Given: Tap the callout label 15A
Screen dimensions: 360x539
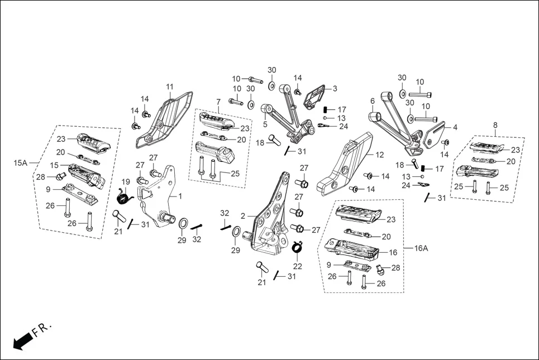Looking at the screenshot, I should [20, 163].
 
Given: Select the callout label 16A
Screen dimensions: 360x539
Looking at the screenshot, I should [421, 248].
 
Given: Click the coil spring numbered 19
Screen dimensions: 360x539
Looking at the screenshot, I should [123, 196].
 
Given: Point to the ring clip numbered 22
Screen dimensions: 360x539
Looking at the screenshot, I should [298, 246].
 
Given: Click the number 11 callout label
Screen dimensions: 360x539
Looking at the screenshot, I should [170, 87].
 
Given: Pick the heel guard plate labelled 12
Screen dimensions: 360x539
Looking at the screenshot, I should [346, 165].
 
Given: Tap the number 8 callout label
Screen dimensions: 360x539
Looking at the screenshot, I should [495, 125].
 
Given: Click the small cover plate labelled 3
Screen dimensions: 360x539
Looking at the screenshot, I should [315, 97].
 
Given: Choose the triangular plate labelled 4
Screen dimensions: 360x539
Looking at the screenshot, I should [435, 135].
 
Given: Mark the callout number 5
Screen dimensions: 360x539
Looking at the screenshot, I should [265, 124].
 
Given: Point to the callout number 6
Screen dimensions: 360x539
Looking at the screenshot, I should [372, 101].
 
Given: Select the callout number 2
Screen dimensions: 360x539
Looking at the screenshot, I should [243, 216].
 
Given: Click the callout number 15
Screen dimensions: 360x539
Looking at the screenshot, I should [55, 165].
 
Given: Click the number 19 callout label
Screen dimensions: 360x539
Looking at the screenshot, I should [126, 181].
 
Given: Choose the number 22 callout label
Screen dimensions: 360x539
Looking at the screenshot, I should [298, 266].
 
